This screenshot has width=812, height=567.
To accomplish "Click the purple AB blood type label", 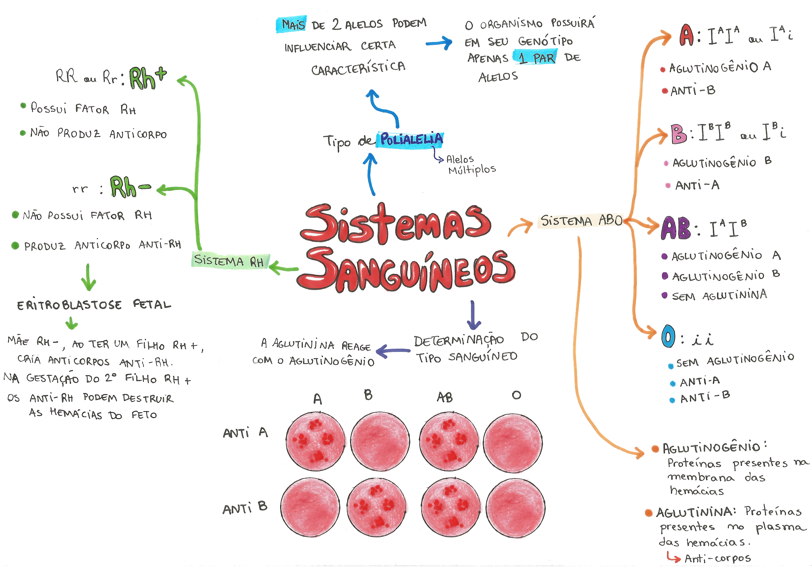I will tap(675, 228).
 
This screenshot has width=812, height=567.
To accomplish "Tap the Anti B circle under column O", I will tap(515, 507).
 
